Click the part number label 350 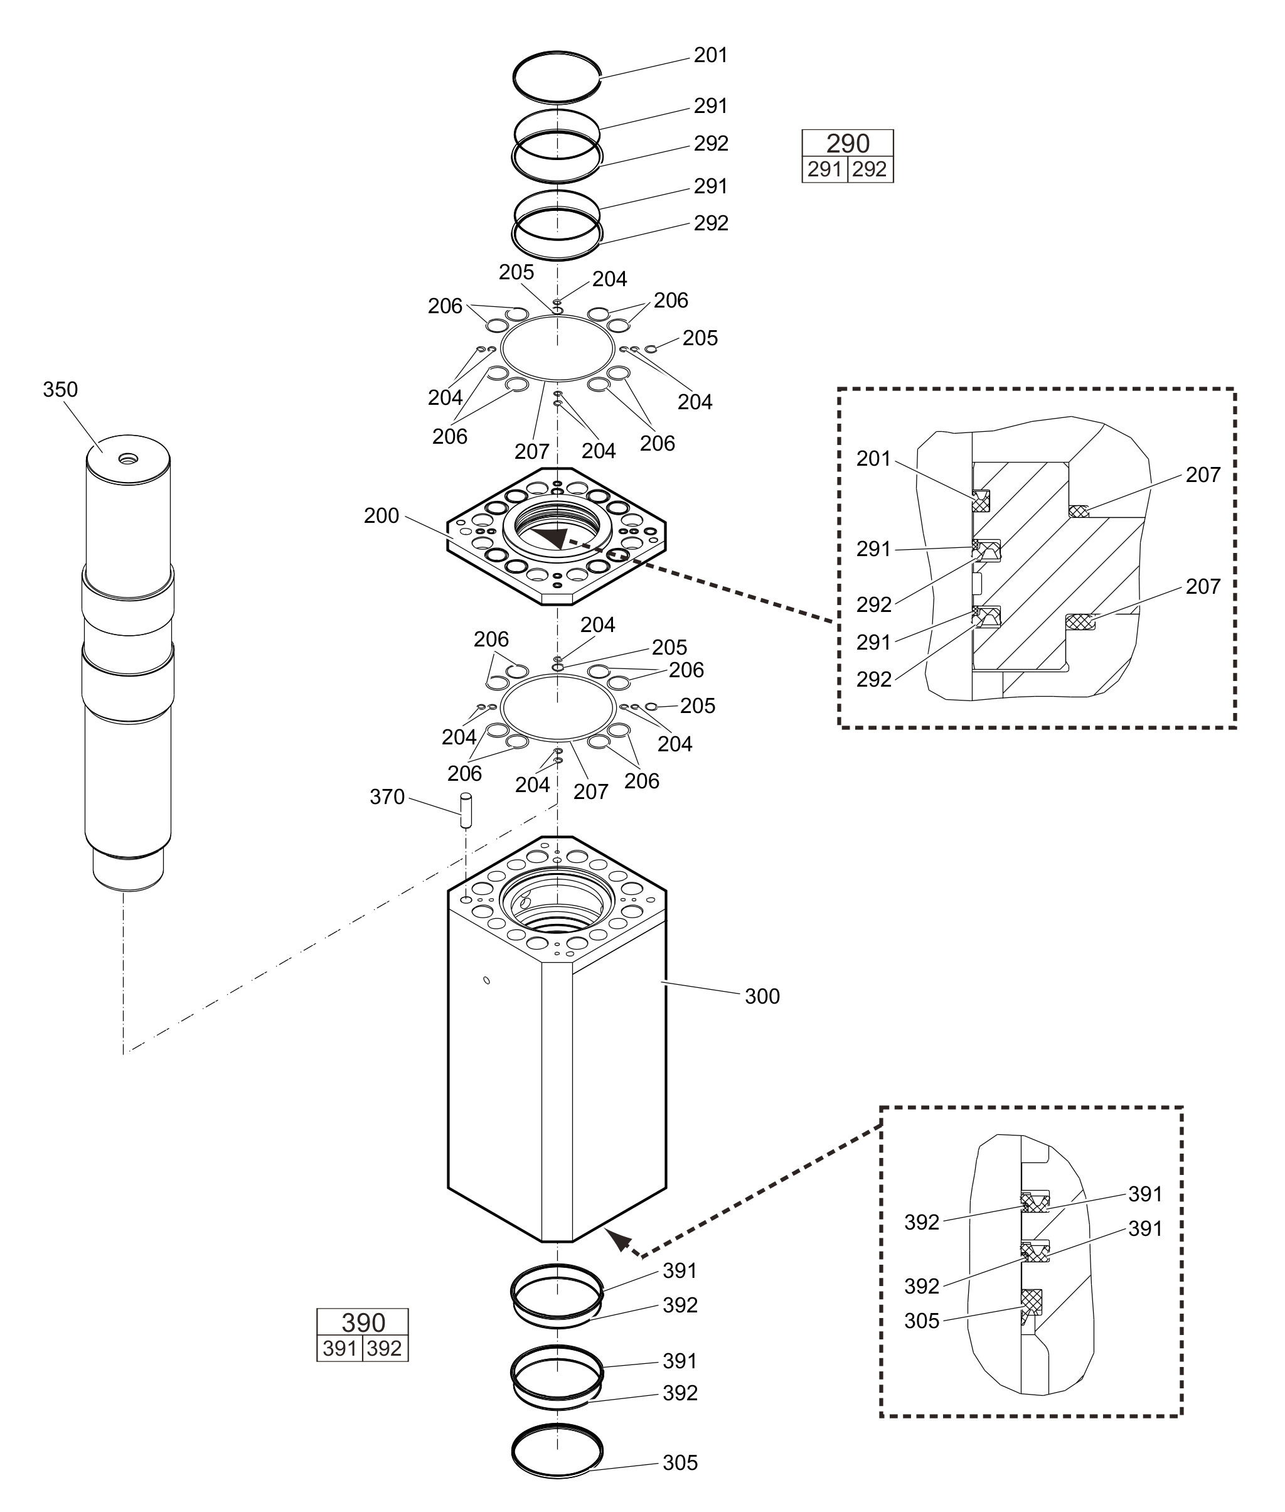60,390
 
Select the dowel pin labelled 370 466,810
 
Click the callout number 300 762,996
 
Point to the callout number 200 381,516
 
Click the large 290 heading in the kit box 848,144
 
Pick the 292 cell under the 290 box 870,170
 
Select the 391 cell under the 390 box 339,1349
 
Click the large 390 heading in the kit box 363,1322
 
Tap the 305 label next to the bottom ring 680,1463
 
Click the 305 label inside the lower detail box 922,1321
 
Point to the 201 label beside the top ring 711,55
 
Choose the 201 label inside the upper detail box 873,459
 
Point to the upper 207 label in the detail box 1203,475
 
